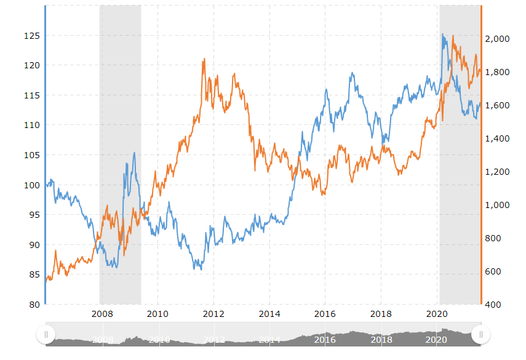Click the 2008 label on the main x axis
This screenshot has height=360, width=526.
coord(102,314)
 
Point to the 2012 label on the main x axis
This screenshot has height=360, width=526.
coord(213,314)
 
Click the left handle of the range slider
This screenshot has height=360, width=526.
coord(46,335)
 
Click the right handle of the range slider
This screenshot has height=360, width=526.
coord(480,335)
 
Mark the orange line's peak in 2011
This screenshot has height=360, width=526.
coord(204,59)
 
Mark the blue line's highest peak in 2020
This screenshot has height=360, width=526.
coord(442,34)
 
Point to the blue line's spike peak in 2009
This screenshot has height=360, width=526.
coord(134,153)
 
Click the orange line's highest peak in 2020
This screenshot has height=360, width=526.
coord(453,36)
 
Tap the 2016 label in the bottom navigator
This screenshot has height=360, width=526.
coord(324,339)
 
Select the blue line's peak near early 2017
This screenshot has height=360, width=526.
coord(352,73)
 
